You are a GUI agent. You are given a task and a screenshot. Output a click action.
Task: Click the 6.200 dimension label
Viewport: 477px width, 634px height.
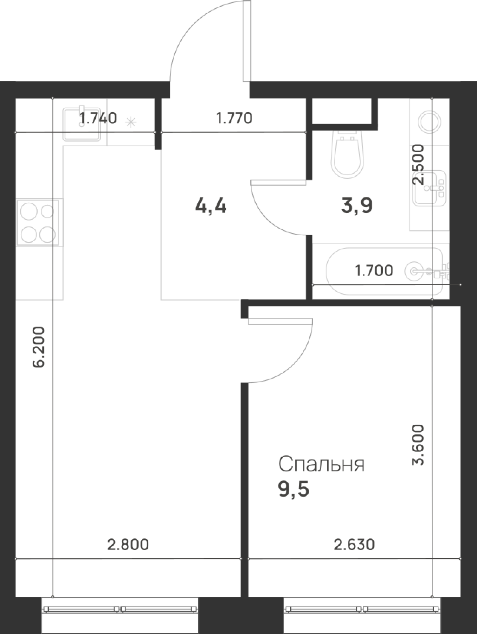(x=38, y=347)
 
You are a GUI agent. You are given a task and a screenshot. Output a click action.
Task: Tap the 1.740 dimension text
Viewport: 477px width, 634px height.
(x=98, y=118)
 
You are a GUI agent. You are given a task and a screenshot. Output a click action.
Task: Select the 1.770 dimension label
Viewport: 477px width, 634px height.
(x=234, y=118)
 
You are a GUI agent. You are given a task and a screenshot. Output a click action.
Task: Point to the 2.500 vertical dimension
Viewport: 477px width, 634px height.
(x=417, y=164)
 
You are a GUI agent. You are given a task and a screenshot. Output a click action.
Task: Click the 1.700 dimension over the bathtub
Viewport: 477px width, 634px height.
(x=374, y=270)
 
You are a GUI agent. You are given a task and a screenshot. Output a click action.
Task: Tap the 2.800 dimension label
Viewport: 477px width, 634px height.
(x=128, y=544)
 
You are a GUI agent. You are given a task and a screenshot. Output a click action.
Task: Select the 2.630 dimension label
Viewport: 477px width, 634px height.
(x=354, y=544)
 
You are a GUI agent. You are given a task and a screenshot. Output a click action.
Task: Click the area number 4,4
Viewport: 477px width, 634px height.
(x=211, y=206)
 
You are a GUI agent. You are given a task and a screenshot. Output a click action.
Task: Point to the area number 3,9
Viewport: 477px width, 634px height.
(x=357, y=206)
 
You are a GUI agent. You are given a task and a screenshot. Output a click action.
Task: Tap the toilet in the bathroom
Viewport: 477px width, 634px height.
(x=348, y=155)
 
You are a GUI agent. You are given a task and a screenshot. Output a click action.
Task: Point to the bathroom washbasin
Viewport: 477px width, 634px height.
(x=430, y=188)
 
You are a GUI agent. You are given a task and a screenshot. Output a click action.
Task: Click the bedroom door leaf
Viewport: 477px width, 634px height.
(x=280, y=321)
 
